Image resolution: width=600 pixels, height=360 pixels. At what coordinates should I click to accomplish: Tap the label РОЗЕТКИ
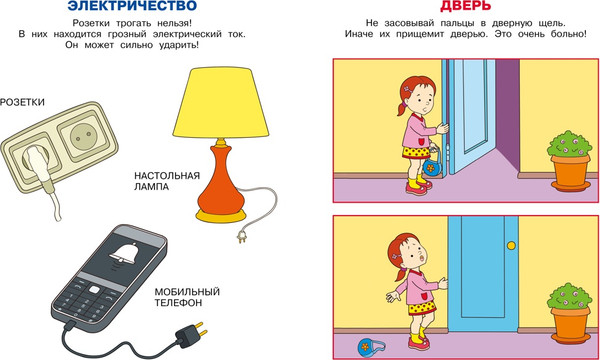[x=23, y=102]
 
